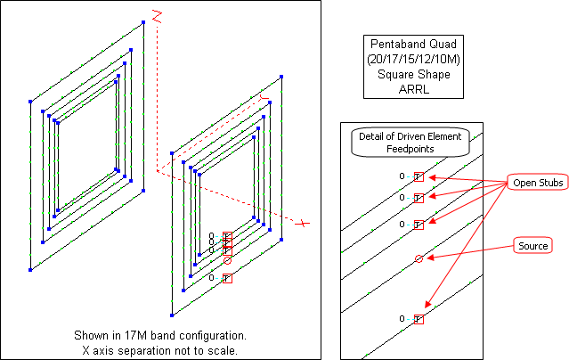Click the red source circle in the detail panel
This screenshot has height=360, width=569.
pyautogui.click(x=419, y=258)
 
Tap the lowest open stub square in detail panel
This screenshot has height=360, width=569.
pyautogui.click(x=419, y=319)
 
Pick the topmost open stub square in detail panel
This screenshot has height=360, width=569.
pyautogui.click(x=419, y=176)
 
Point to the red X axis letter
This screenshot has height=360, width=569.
pyautogui.click(x=304, y=223)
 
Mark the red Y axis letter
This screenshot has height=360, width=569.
pyautogui.click(x=263, y=98)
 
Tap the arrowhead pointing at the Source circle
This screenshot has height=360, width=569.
pyautogui.click(x=428, y=258)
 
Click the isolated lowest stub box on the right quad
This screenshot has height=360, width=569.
pyautogui.click(x=227, y=278)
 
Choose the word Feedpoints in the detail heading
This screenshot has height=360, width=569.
pyautogui.click(x=410, y=150)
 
